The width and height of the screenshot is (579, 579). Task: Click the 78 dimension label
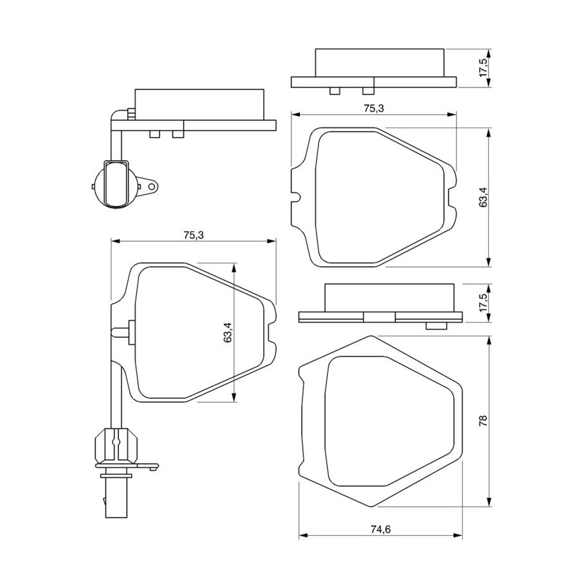483,421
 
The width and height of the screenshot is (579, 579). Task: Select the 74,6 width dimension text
380,529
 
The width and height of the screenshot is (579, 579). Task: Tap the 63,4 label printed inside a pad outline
228,333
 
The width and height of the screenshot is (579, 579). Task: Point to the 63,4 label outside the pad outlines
483,198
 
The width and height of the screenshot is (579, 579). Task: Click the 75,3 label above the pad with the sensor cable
194,235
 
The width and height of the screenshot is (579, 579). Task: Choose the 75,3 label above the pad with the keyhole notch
374,108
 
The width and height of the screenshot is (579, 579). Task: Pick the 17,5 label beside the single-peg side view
483,303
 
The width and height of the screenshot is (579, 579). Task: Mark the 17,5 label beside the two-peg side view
483,68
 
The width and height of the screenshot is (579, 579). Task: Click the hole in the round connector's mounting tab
151,187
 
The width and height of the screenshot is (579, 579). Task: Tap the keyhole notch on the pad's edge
296,196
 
